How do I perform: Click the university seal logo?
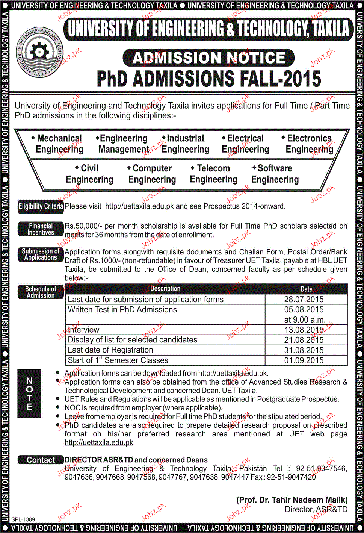point(39,52)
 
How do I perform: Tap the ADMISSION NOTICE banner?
point(208,58)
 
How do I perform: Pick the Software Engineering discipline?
point(275,174)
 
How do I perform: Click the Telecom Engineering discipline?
point(213,174)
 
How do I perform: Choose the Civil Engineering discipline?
point(89,174)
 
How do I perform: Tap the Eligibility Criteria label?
point(41,206)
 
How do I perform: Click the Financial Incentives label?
point(41,229)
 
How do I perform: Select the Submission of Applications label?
point(41,254)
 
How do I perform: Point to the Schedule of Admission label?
point(41,292)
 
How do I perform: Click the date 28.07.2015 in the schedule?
point(304,300)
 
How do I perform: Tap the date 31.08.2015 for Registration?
point(304,350)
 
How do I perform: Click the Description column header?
point(165,289)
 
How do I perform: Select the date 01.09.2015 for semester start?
point(304,360)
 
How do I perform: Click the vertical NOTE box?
point(29,394)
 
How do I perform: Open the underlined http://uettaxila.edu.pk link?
point(99,443)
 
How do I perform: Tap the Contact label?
point(41,460)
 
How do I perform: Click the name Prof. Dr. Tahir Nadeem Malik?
point(292,500)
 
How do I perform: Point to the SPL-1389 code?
point(23,519)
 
